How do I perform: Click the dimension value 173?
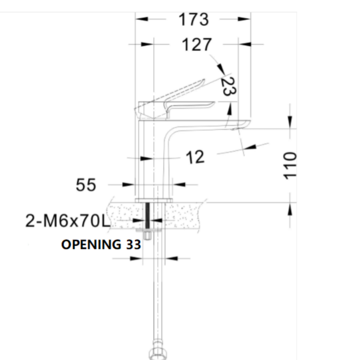194,19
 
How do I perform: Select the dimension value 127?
196,45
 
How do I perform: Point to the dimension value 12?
195,157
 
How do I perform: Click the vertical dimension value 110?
290,165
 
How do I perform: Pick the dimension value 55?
86,185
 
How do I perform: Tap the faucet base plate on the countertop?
154,200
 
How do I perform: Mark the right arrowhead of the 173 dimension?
244,19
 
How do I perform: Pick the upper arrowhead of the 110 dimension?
290,122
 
